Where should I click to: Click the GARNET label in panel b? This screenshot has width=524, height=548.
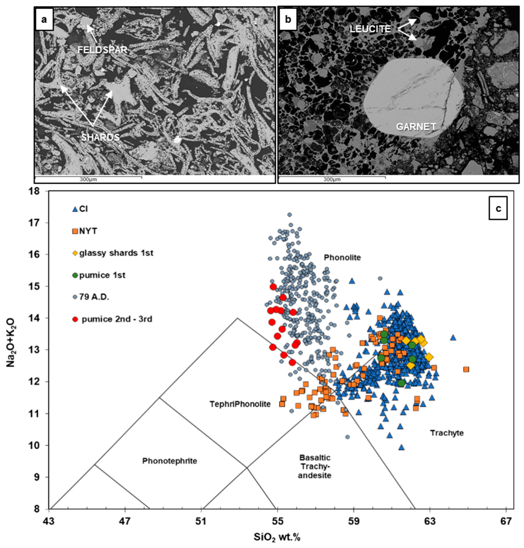416,127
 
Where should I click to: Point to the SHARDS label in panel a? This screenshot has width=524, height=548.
101,137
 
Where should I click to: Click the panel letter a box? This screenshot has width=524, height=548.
44,20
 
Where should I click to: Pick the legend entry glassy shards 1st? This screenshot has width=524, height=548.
113,253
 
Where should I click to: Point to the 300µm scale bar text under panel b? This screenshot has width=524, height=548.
332,179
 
